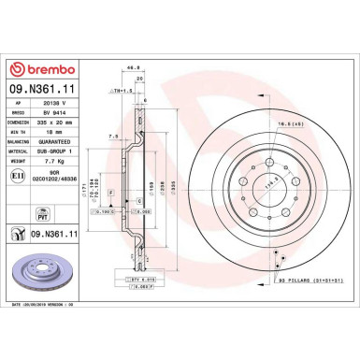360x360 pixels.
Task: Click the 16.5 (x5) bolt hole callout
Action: click(x=287, y=123)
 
